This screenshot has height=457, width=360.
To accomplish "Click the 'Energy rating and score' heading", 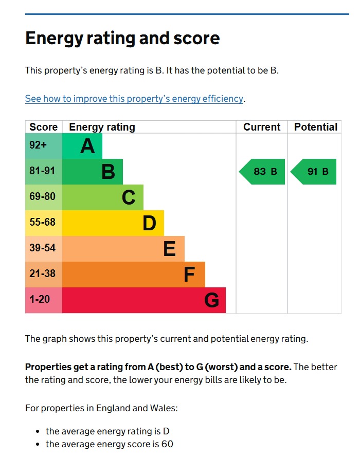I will pos(122,39).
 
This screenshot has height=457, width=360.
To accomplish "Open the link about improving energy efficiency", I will pos(134,99).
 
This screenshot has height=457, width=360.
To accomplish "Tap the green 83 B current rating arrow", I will pos(262,172).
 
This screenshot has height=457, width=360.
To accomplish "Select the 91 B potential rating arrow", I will pos(314,172).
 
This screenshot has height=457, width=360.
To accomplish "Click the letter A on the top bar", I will pos(87,147).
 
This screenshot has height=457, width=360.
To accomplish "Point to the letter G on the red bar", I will pos(211,300).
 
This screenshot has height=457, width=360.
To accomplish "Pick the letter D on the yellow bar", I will pos(149,223).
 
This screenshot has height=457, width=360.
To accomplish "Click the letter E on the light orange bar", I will pos(169,249).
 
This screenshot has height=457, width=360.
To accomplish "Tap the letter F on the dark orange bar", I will pos(189,275).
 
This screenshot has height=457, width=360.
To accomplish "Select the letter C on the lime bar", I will pos(129,197).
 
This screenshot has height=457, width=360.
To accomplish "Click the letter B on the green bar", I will pos(108,172).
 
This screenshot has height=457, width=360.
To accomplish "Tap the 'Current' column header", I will pos(262,127).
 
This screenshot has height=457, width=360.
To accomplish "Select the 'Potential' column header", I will pos(316,127).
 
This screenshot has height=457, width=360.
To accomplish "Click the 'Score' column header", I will pos(44,127).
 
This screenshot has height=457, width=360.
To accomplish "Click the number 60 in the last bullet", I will pos(167,444).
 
